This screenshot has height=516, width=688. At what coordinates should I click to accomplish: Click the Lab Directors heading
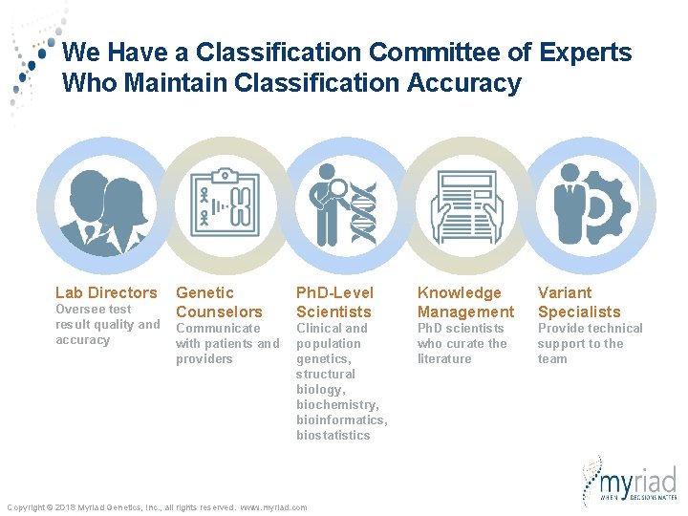(106, 292)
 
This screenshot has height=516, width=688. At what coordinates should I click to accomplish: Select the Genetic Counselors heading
(219, 302)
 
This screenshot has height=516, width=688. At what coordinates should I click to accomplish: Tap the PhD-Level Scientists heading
(334, 302)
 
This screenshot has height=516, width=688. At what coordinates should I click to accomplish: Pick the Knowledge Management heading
(465, 302)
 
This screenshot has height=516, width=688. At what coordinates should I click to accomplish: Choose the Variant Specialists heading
(579, 302)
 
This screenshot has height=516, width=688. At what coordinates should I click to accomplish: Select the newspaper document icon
(465, 204)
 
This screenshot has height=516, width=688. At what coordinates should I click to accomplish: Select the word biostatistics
(333, 436)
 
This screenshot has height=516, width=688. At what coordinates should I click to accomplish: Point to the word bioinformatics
(341, 420)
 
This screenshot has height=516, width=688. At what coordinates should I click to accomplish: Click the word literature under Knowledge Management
(444, 359)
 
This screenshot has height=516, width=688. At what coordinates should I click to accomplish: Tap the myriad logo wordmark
(639, 477)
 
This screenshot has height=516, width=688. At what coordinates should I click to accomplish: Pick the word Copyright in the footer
(27, 507)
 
